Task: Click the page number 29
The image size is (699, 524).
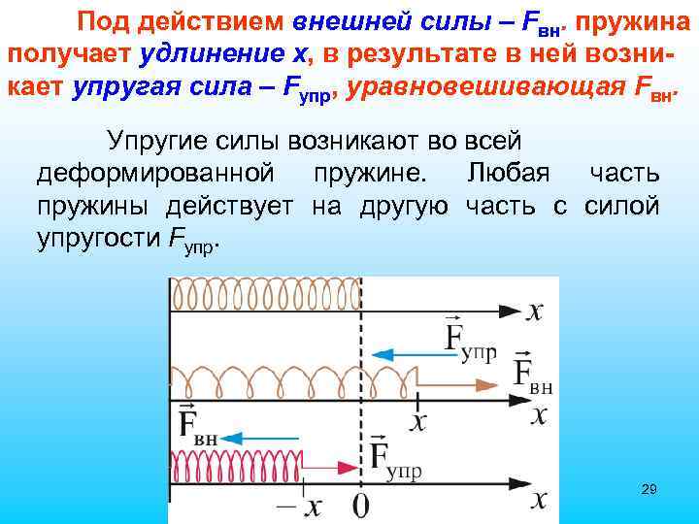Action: [649, 490]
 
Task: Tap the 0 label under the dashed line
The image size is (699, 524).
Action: [360, 505]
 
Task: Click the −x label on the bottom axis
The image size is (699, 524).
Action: [303, 506]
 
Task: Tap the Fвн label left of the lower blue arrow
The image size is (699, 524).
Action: [198, 428]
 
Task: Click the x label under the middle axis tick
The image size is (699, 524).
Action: [418, 422]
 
